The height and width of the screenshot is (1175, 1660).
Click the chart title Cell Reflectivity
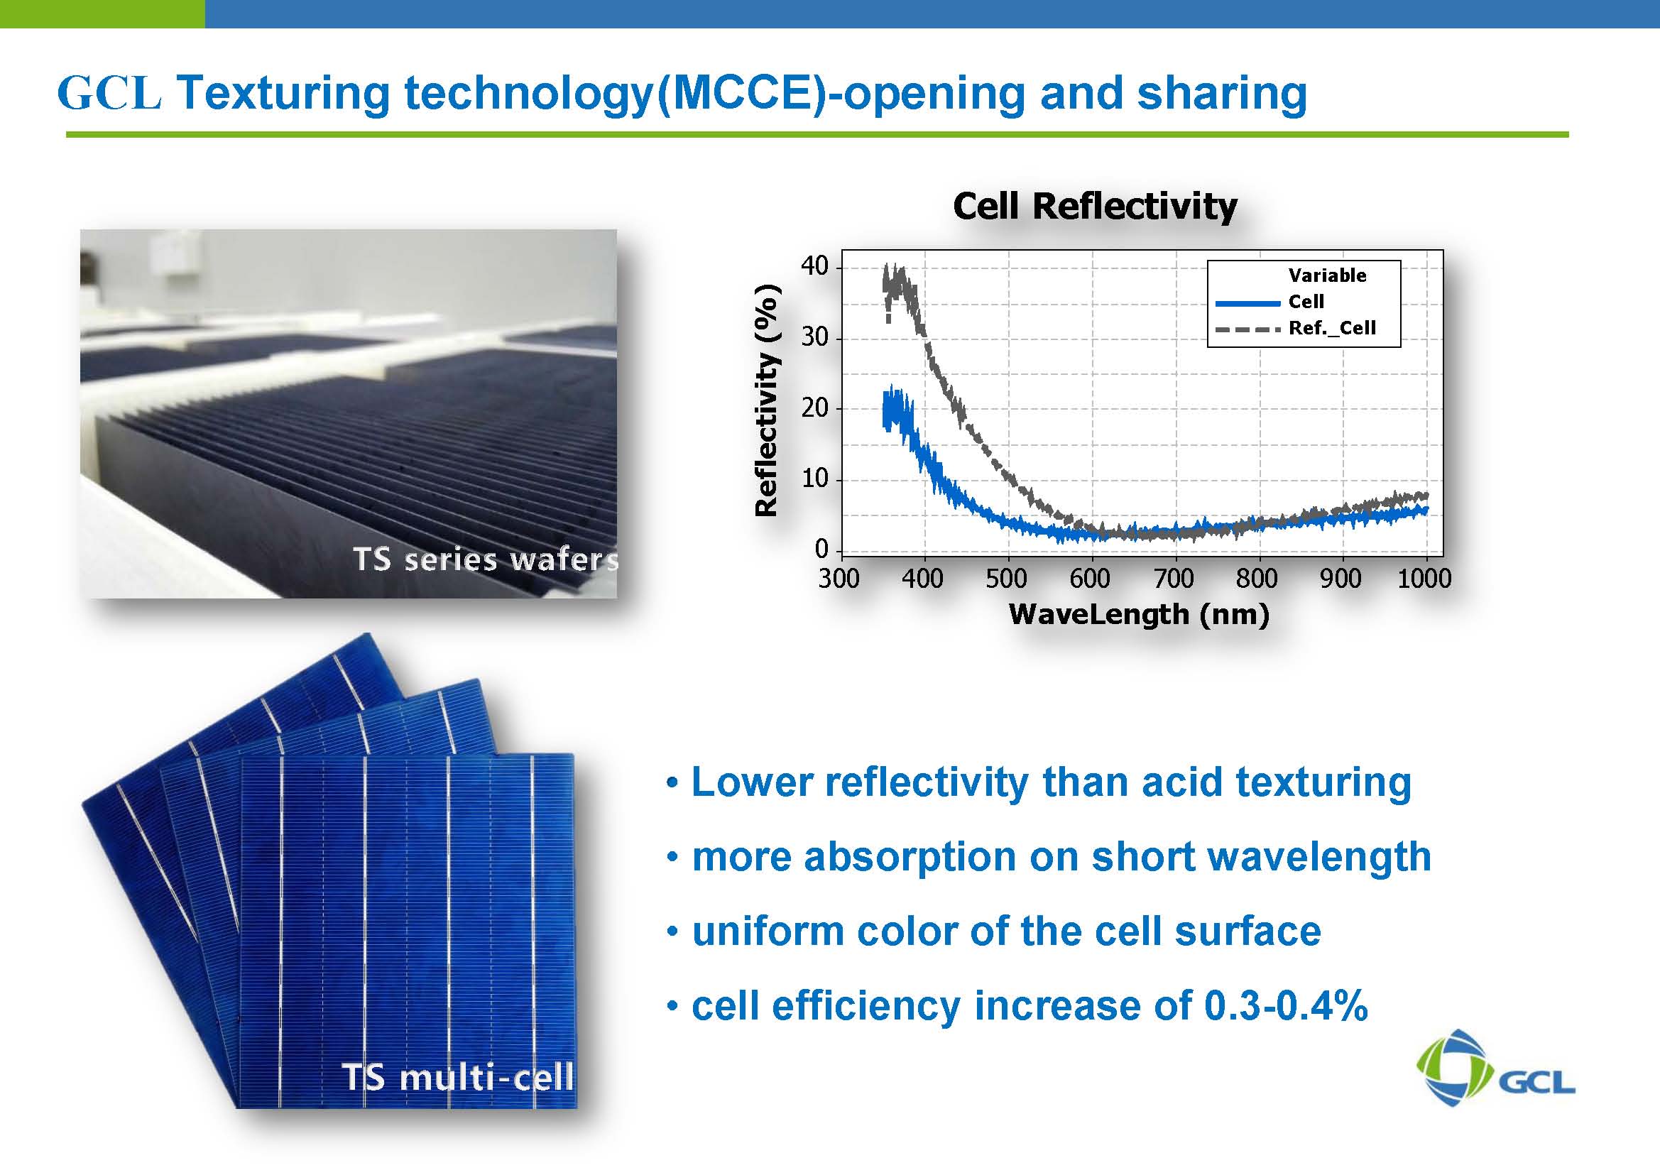[1095, 206]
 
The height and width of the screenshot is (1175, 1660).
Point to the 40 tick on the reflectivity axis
[814, 266]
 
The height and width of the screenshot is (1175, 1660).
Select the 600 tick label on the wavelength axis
[1089, 578]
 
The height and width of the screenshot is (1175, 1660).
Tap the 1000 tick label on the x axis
[1424, 578]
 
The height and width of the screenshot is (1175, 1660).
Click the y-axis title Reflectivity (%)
[765, 400]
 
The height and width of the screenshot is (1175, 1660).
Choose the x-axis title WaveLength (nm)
[1139, 614]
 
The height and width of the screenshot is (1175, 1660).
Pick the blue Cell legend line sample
[1247, 302]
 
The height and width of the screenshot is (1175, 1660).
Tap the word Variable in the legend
[1327, 275]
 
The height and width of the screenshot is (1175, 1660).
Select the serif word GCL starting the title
[109, 93]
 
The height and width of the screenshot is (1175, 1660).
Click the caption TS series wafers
[486, 559]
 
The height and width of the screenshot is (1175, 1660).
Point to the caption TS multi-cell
[458, 1076]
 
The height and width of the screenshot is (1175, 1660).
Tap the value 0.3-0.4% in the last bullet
[1286, 1006]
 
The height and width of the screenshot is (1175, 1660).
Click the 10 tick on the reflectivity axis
[814, 479]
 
